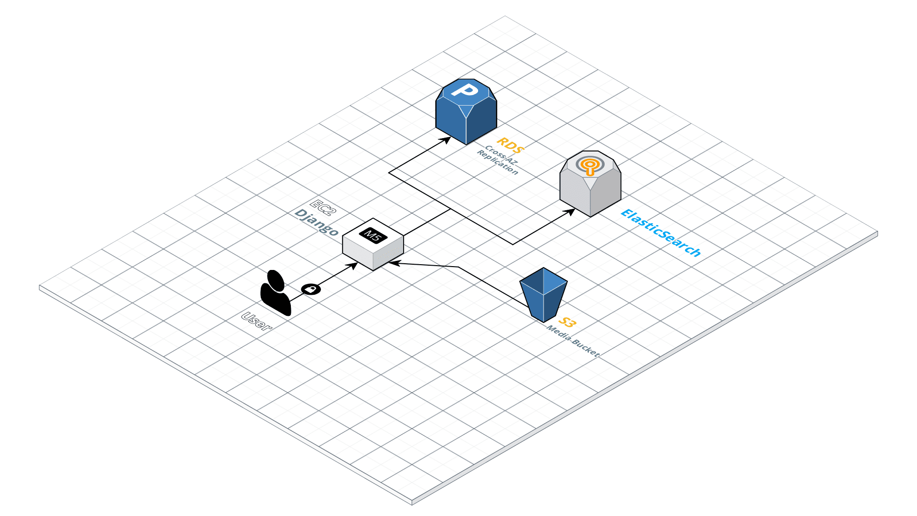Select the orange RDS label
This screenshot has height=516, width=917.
511,145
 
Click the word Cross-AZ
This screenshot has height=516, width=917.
501,156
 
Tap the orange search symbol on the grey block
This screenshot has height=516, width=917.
590,165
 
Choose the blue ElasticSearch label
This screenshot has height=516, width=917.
661,233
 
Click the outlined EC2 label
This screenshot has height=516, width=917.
323,207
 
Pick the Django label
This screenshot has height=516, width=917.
317,222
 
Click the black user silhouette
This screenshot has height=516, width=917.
275,293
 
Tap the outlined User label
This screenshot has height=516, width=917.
257,321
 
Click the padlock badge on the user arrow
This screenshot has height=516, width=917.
311,289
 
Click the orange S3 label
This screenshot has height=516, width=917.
567,322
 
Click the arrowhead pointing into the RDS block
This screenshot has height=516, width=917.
446,140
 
